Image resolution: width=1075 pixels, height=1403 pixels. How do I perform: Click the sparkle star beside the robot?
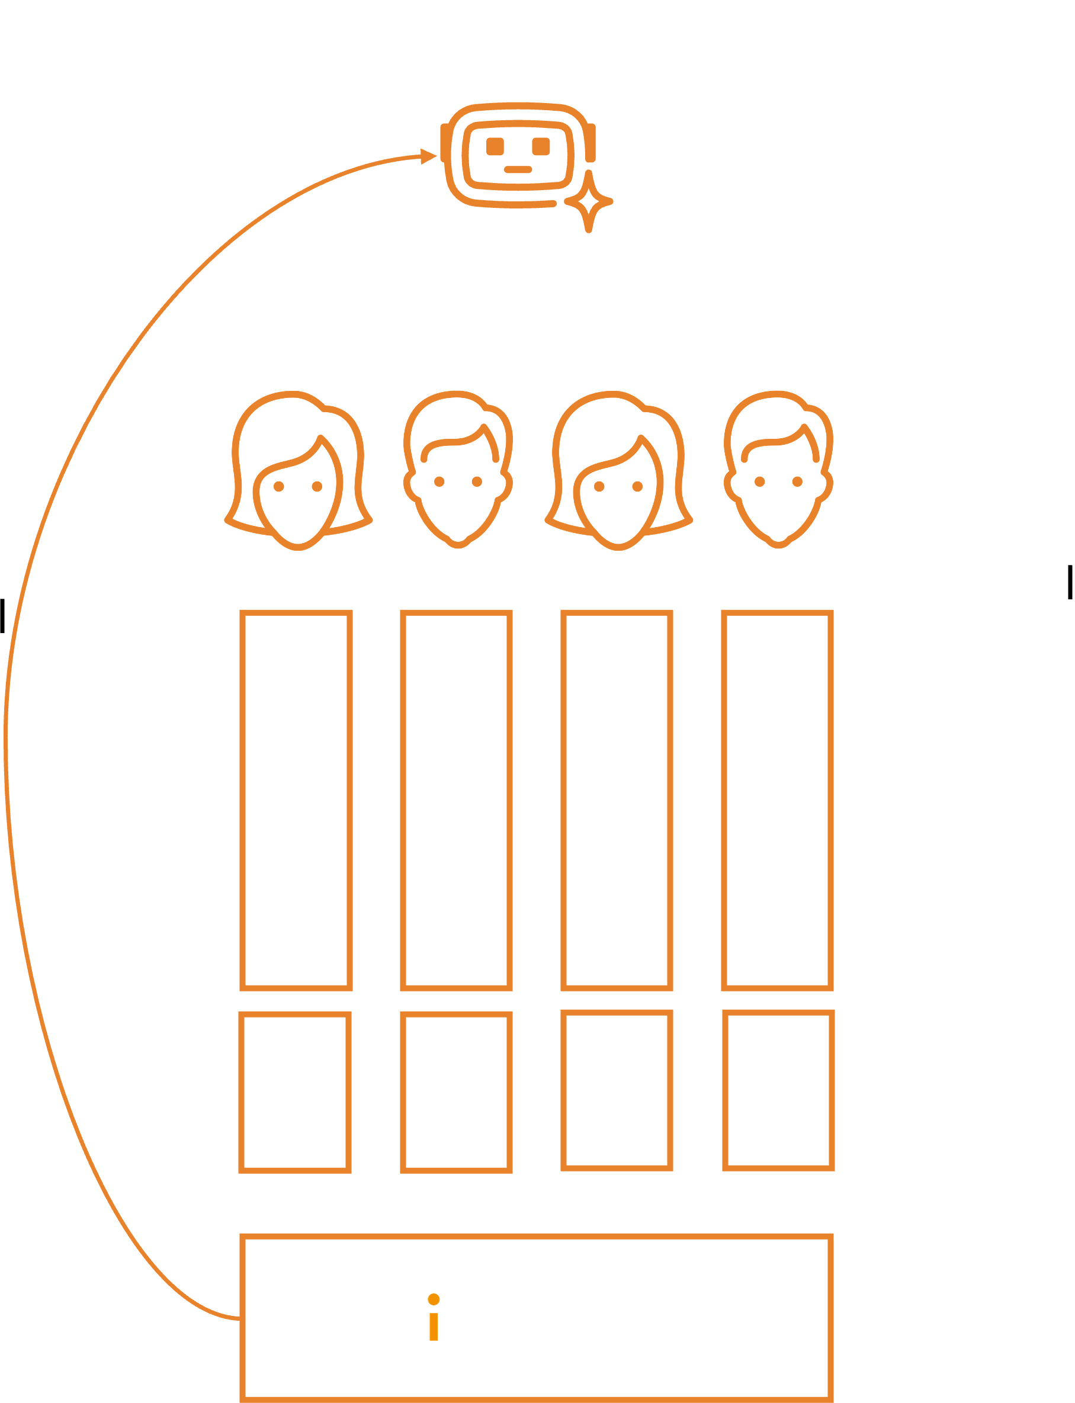(589, 203)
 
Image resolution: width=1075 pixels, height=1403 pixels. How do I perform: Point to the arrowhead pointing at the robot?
(429, 156)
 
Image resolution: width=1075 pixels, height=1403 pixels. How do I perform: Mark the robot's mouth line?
(518, 170)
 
